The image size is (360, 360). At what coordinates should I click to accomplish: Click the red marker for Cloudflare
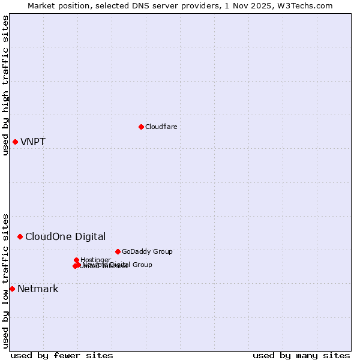[141, 127]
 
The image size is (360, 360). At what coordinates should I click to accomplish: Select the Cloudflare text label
[161, 127]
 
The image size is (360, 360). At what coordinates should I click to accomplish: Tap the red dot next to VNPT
[15, 142]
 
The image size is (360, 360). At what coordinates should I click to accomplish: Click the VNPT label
[33, 142]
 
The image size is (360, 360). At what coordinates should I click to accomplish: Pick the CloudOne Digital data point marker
[20, 236]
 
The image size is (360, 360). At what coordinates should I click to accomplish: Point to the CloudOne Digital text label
[65, 236]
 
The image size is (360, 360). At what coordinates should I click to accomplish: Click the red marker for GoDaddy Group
[118, 251]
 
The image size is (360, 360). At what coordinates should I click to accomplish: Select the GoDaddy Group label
[147, 251]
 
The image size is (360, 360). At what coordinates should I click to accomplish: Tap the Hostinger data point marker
[76, 260]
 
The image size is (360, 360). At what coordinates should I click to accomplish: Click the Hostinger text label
[95, 260]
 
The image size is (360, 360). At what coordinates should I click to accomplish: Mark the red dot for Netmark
[12, 289]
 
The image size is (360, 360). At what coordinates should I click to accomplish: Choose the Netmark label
[38, 289]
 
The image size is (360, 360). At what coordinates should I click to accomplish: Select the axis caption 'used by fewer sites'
[62, 355]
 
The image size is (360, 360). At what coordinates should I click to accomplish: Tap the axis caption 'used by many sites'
[301, 355]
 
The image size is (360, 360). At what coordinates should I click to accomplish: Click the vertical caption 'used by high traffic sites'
[5, 85]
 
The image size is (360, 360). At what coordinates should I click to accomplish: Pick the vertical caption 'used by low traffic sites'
[5, 281]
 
